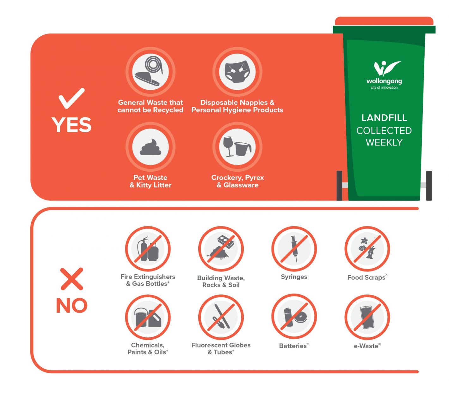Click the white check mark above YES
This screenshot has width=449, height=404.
click(x=71, y=98)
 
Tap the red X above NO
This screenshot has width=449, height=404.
click(x=72, y=279)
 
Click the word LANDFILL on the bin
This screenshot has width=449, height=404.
click(x=384, y=118)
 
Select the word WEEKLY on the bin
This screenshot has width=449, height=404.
click(x=384, y=142)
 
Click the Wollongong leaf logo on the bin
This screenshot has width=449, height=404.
click(x=386, y=68)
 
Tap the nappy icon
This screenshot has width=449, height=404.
click(x=237, y=72)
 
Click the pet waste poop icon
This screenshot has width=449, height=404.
click(x=150, y=147)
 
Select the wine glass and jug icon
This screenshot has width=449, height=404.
click(x=237, y=147)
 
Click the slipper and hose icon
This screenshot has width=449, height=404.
click(x=150, y=72)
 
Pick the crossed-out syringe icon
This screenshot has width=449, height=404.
click(x=294, y=249)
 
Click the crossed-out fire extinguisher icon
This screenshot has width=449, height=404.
click(x=148, y=249)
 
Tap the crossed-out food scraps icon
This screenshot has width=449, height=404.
click(x=367, y=249)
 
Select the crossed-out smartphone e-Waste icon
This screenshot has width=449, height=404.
click(x=367, y=317)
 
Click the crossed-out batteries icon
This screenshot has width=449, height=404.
click(x=294, y=317)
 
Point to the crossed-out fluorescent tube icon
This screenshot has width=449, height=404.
click(x=221, y=317)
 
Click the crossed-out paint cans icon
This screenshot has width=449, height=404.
click(x=148, y=317)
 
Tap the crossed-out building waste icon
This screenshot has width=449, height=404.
click(x=221, y=249)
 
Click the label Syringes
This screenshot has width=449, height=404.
click(x=294, y=277)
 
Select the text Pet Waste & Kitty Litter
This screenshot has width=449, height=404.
click(x=150, y=181)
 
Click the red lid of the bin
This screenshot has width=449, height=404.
click(x=384, y=21)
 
